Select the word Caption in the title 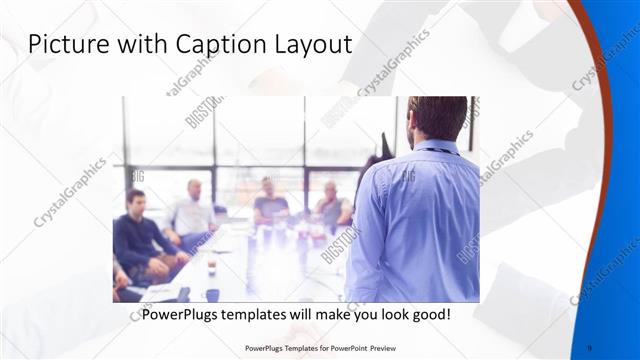200,46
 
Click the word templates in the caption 259,314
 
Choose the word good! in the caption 427,314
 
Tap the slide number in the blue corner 589,348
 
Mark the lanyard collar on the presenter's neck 435,149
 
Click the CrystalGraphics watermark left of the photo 70,190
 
